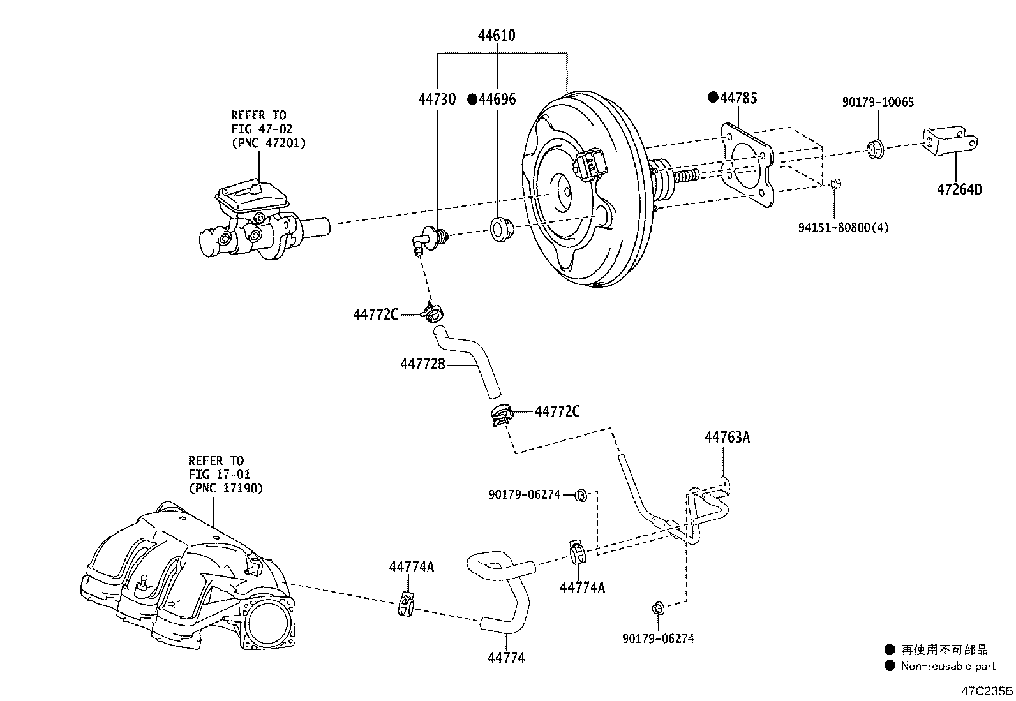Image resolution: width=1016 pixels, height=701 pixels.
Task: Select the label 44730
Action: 437,99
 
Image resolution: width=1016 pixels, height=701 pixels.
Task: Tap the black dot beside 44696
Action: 472,100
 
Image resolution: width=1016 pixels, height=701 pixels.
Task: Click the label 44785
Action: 738,98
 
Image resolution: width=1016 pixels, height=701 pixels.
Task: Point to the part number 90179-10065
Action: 878,102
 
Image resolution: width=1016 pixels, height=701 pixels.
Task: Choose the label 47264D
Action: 959,189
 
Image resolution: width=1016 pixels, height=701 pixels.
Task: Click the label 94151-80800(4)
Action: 844,227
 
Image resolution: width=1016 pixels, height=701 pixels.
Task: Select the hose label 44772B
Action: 422,364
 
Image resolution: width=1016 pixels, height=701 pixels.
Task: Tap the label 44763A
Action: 727,438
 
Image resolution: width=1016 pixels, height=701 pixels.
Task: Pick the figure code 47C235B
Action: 987,691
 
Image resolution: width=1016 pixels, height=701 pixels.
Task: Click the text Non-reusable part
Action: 948,667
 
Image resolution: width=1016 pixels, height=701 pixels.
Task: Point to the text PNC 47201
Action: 268,143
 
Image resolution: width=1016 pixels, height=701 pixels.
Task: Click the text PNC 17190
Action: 226,488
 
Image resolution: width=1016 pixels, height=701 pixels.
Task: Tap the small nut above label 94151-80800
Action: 837,184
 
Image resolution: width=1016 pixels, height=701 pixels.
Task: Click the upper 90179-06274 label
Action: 524,494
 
